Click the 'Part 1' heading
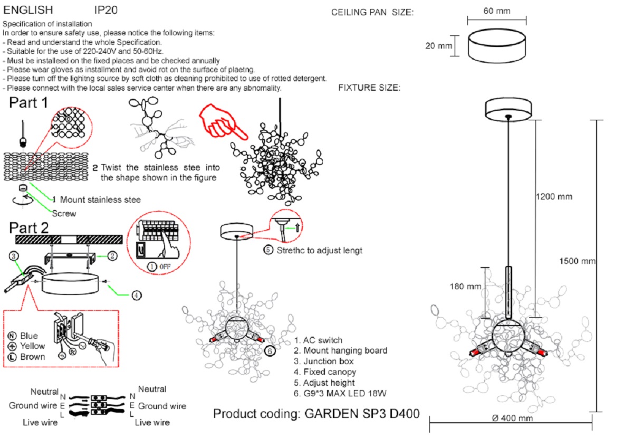point(31,103)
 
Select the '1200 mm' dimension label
point(554,197)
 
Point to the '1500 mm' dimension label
point(578,261)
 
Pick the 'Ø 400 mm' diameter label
point(512,419)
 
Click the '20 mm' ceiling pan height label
point(439,46)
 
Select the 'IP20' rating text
point(106,10)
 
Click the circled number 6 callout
point(268,350)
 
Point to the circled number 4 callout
point(136,295)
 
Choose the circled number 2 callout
point(112,256)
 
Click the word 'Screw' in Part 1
point(64,214)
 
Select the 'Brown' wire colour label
point(32,357)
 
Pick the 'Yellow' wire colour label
point(32,346)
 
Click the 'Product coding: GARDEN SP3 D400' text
point(316,413)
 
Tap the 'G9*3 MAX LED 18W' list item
point(341,393)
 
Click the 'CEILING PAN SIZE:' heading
point(372,13)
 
